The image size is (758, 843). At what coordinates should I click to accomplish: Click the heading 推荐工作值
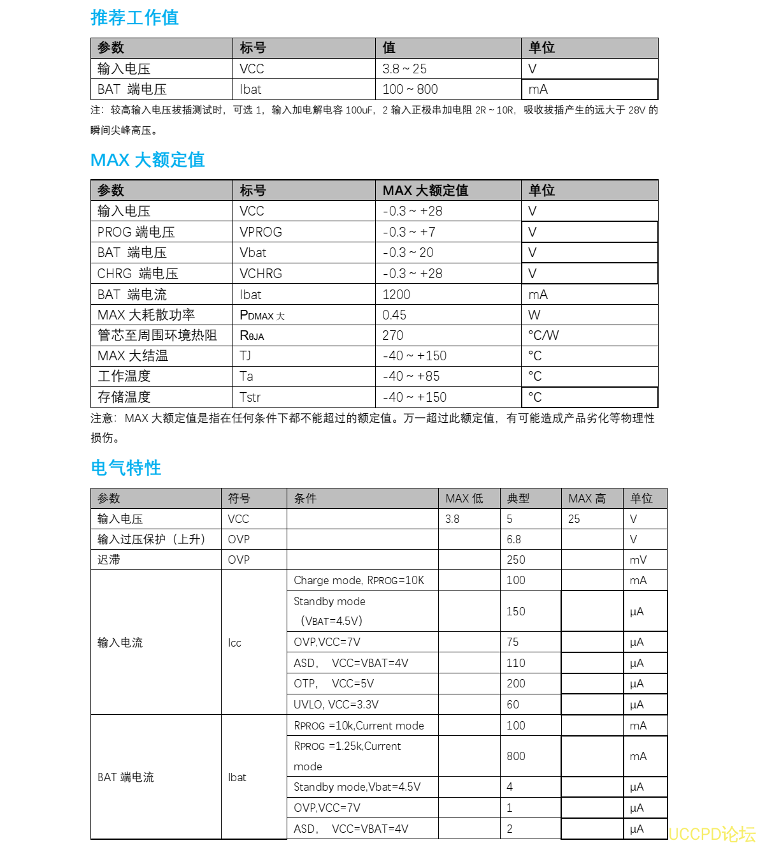134,18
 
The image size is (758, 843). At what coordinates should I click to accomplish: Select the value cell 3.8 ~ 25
404,69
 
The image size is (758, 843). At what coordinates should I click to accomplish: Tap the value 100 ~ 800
410,89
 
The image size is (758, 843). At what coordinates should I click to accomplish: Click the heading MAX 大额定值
147,160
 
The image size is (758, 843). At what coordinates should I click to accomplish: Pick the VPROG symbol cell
261,232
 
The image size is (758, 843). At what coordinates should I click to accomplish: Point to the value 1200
396,295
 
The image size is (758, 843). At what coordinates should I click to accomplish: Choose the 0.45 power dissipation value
394,315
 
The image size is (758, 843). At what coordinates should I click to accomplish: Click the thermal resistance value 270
393,335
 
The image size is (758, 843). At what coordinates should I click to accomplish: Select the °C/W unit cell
543,335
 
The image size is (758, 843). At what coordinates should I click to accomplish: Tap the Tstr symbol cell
250,397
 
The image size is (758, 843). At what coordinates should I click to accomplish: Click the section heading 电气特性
126,468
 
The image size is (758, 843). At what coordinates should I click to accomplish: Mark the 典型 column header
518,499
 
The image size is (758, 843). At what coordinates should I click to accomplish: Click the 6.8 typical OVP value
514,539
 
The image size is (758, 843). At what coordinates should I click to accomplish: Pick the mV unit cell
638,560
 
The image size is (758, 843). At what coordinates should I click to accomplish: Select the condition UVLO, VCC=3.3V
336,705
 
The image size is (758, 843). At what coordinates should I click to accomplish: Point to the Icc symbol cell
235,643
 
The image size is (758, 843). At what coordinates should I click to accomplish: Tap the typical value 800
516,756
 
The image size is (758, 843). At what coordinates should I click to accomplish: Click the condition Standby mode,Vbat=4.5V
357,787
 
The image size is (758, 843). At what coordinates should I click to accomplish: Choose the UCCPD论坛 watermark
712,834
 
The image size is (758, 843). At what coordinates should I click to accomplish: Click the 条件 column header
305,499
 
